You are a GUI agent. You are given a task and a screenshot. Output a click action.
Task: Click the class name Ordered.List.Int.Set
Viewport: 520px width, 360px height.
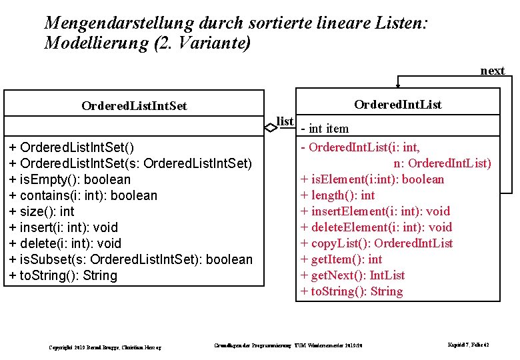pyautogui.click(x=134, y=106)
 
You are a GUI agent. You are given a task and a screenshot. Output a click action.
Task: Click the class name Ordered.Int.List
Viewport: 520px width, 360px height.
pyautogui.click(x=397, y=104)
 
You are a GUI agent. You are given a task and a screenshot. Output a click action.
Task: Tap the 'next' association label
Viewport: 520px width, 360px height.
pyautogui.click(x=493, y=71)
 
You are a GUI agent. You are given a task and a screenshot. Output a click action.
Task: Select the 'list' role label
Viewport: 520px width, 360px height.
pyautogui.click(x=285, y=121)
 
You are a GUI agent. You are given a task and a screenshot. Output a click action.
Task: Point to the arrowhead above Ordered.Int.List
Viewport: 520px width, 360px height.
pyautogui.click(x=398, y=86)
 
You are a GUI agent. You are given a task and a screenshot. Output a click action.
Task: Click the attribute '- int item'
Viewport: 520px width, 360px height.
pyautogui.click(x=325, y=128)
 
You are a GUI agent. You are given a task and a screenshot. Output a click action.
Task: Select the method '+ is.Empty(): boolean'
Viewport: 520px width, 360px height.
pyautogui.click(x=70, y=179)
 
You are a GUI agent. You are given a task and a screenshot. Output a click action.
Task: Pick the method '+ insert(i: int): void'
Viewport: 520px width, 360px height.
pyautogui.click(x=63, y=227)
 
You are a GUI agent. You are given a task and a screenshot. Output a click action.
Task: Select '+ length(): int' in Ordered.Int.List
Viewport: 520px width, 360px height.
pyautogui.click(x=338, y=195)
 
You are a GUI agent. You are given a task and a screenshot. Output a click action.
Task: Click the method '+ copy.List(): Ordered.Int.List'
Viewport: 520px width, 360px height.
pyautogui.click(x=377, y=243)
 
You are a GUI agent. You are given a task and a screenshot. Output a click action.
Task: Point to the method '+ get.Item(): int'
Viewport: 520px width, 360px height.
pyautogui.click(x=341, y=259)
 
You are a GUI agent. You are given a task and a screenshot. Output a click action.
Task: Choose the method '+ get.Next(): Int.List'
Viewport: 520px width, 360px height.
pyautogui.click(x=353, y=275)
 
